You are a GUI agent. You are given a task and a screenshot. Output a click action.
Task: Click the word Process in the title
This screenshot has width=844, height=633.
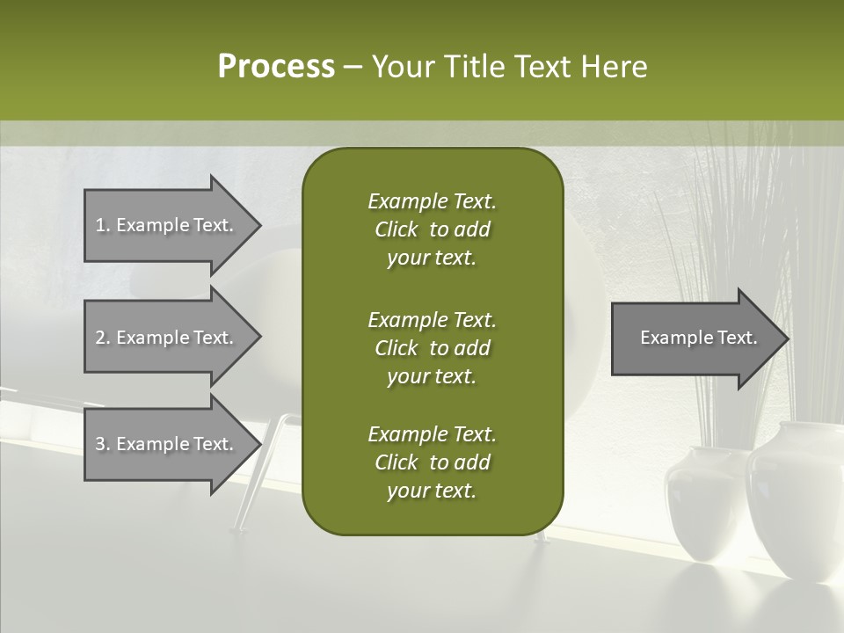tap(276, 67)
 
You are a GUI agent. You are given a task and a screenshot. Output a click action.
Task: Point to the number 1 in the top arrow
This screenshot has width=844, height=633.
tap(100, 225)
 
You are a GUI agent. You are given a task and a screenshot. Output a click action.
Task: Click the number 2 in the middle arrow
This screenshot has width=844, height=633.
tap(100, 338)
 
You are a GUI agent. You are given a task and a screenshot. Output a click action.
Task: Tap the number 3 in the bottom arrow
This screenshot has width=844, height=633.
tap(100, 444)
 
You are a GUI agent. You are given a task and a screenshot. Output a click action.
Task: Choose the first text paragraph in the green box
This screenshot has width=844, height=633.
tap(432, 229)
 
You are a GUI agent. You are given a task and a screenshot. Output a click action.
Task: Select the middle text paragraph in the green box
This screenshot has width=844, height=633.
tap(432, 348)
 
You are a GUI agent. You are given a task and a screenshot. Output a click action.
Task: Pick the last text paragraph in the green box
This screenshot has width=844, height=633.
tap(432, 462)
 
